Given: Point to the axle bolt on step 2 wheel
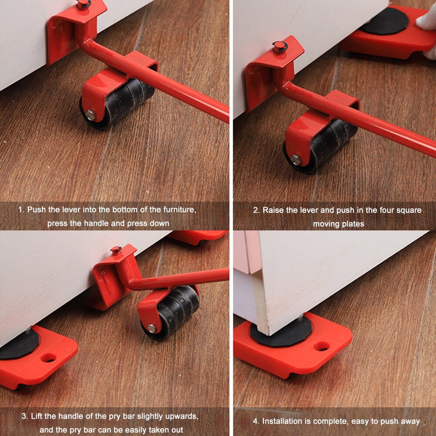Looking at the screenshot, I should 296,160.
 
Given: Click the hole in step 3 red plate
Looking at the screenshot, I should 48,358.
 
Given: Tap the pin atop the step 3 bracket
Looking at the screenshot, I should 116,250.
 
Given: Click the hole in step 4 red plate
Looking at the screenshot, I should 321,346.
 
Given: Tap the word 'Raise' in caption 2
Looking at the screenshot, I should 273,210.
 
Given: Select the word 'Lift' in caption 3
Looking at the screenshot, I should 38,416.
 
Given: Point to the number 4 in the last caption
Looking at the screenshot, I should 256,421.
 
